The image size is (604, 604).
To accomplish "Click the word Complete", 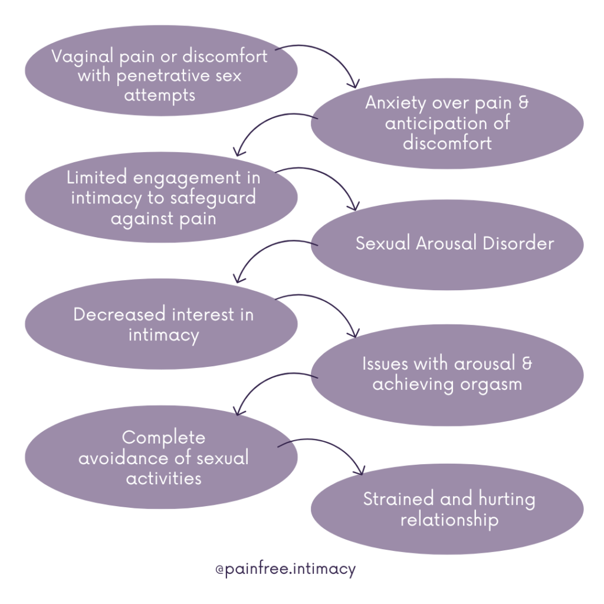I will click(163, 438).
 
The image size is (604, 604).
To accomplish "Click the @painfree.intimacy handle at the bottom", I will click(286, 570).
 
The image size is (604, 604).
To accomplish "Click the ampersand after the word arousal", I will click(526, 364).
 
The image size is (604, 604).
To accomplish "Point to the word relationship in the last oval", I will click(449, 520).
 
